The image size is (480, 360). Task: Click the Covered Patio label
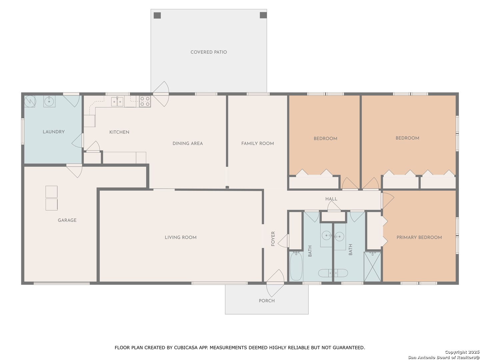coord(208,52)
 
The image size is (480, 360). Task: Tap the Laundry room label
coord(54,132)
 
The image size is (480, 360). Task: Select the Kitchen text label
coord(119,132)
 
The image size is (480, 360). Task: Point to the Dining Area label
coord(188,143)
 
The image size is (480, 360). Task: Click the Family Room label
coord(257,143)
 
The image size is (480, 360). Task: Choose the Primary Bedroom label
coord(419,237)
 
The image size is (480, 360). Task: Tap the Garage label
coord(67,220)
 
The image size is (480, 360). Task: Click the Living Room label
coord(180,237)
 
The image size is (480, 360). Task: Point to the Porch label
coord(267,301)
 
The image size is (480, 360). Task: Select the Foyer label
coord(273,239)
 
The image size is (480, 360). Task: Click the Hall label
coord(331,199)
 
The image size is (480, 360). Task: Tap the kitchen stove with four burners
coord(145,101)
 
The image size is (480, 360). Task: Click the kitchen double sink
coord(117,102)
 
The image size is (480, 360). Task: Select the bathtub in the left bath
coord(296,266)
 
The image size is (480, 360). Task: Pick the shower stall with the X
coord(372,267)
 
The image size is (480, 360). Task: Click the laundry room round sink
coord(49,101)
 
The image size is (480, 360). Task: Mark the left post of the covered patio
coord(157,15)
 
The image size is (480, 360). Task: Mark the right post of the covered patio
coord(263,15)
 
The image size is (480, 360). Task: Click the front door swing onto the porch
coord(275,283)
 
